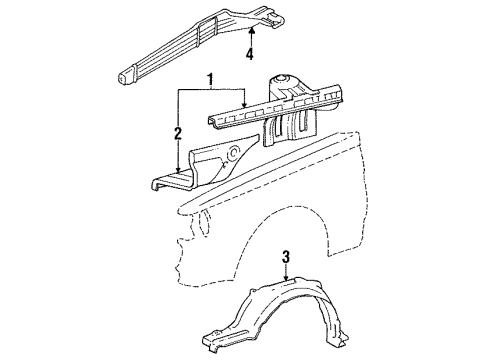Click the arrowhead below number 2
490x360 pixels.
tap(179, 172)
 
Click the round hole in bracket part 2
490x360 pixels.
tap(232, 155)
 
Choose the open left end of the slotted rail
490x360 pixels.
tap(213, 121)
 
